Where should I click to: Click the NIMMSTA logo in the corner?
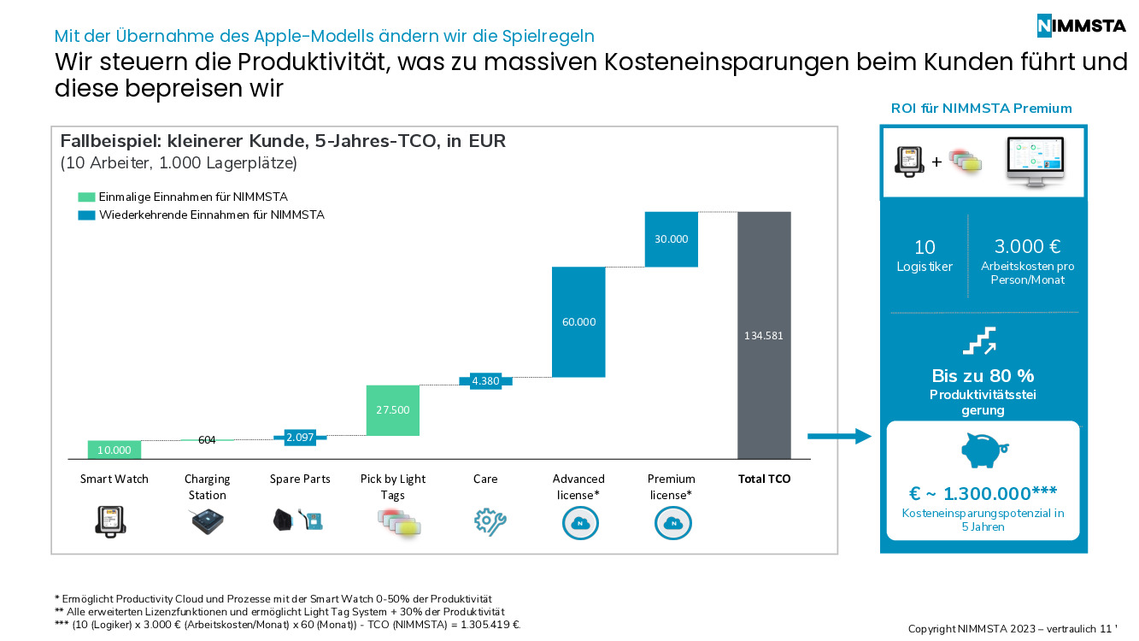point(1081,26)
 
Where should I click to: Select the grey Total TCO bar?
point(764,335)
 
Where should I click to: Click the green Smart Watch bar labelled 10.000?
point(114,450)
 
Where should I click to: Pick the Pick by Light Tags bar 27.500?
point(392,410)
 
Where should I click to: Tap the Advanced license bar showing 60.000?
point(578,322)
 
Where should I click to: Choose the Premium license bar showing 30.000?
point(671,239)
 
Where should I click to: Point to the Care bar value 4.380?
point(485,381)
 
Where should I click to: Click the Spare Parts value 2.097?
point(300,438)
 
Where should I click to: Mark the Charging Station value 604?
point(207,440)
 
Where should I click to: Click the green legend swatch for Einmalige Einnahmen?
point(85,197)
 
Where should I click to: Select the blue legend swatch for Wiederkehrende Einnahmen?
point(85,215)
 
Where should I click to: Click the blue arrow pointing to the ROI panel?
point(838,437)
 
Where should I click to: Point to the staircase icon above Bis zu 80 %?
point(979,341)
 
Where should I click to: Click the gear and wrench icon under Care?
point(490,522)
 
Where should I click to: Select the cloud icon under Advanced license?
point(580,522)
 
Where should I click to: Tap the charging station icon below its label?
point(207,521)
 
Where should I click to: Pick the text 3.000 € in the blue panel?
point(1027,247)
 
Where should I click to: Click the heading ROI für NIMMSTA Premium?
point(981,109)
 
